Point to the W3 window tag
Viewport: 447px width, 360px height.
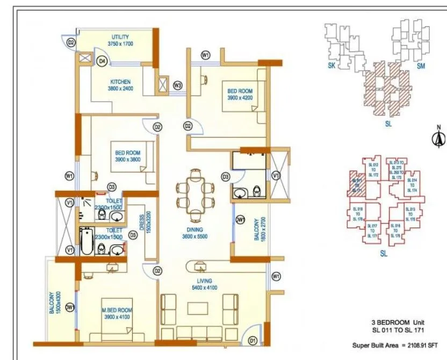click(177, 85)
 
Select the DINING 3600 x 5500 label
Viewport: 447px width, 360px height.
click(194, 233)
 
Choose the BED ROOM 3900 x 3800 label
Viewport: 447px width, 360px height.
click(127, 156)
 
